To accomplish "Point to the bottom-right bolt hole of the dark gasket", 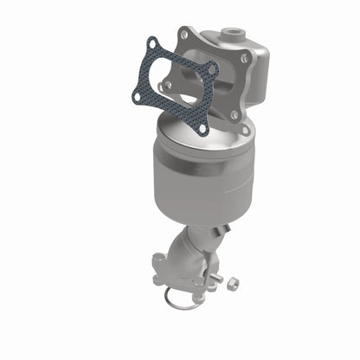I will click(202, 129).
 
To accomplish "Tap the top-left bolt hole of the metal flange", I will click(183, 34).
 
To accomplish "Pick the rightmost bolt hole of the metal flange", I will click(245, 59).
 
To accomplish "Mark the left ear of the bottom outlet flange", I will click(157, 260).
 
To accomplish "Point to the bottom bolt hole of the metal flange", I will click(234, 113).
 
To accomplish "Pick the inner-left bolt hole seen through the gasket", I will click(164, 86).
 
